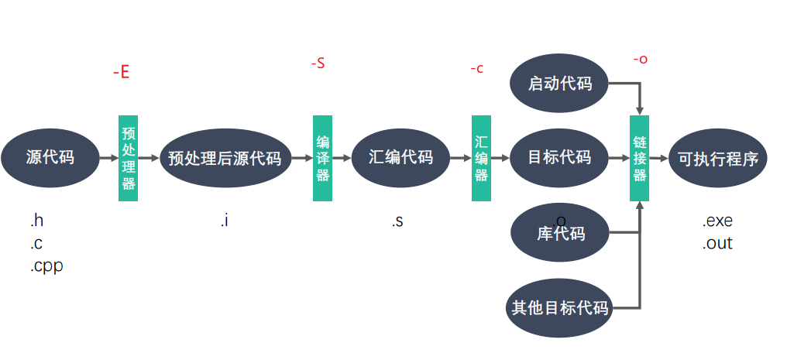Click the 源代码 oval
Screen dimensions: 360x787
coord(50,158)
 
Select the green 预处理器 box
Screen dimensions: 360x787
coord(128,158)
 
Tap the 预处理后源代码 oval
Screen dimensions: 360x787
coord(225,158)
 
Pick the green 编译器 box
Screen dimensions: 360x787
coord(322,158)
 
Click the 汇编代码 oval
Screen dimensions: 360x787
coord(400,158)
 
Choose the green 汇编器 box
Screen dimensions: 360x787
coord(481,158)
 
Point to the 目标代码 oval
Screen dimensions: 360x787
coord(559,158)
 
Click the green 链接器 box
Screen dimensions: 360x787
coord(639,158)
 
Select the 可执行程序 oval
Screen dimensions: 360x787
coord(717,158)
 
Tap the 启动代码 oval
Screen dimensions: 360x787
coord(559,83)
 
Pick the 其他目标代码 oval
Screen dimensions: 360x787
coord(559,307)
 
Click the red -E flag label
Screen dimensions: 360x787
coord(121,73)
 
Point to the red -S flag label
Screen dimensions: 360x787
coord(318,63)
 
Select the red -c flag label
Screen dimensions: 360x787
coord(477,68)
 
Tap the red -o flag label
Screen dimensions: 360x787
coord(640,60)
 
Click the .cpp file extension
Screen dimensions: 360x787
coord(46,266)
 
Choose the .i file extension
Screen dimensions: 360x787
coord(224,221)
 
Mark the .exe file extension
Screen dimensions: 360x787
coord(717,221)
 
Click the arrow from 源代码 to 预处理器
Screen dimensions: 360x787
coord(108,158)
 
